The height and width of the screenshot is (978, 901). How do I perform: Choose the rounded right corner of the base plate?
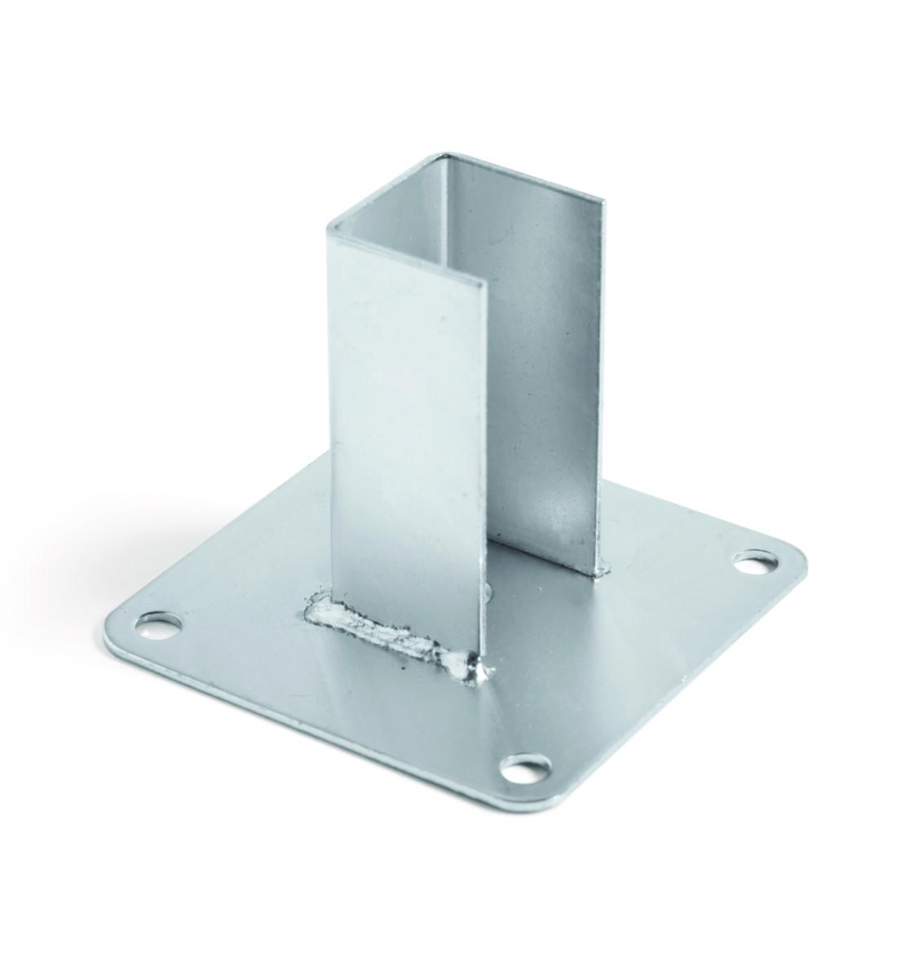[799, 554]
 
